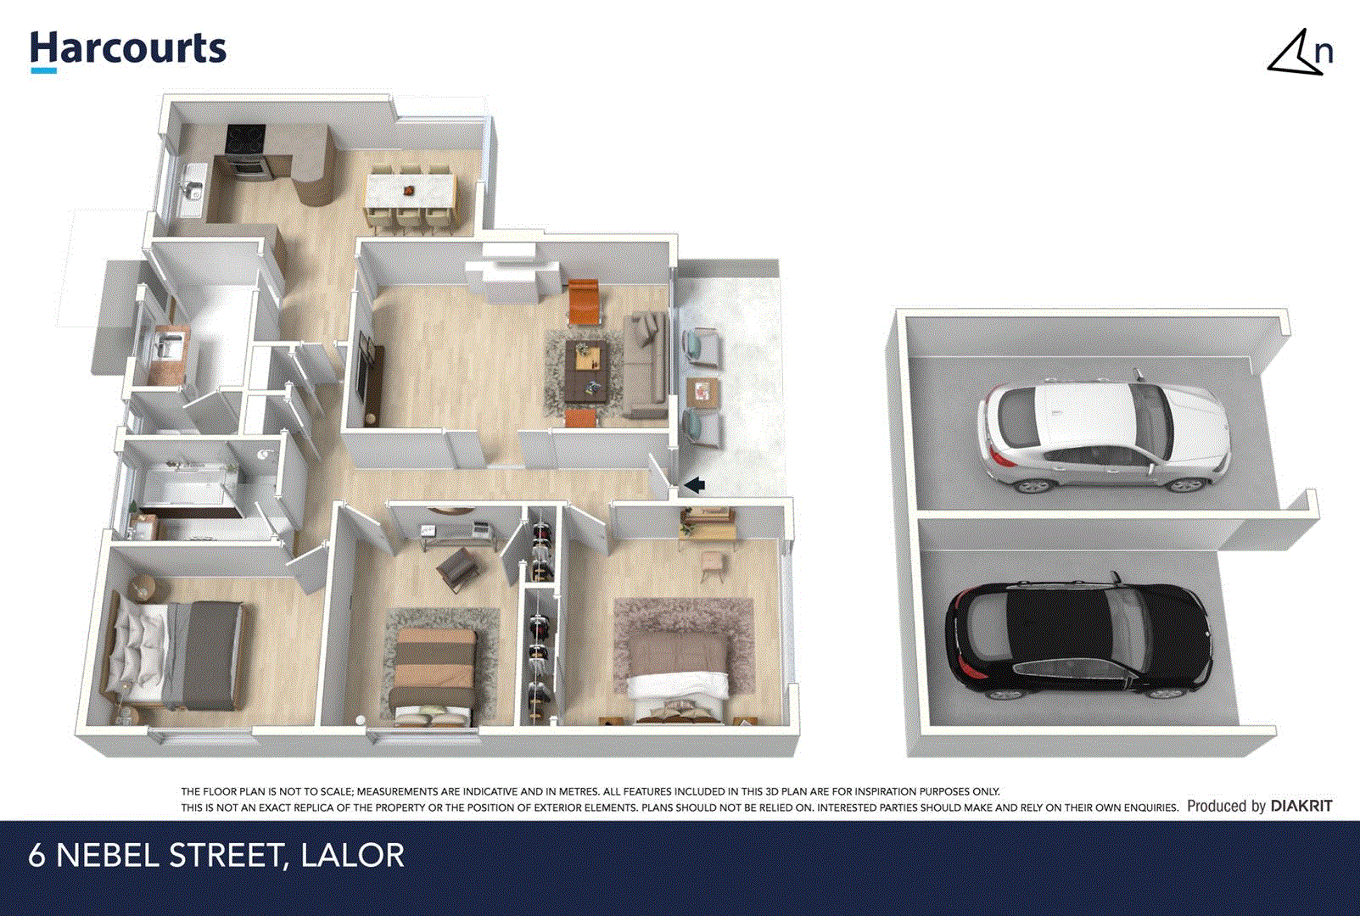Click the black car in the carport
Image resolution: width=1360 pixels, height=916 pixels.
click(1077, 640)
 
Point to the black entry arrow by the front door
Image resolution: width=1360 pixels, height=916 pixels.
click(694, 485)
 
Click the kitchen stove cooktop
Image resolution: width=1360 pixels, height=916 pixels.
click(245, 137)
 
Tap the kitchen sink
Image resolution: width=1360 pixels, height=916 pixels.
click(192, 189)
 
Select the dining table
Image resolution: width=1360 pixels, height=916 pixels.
click(410, 189)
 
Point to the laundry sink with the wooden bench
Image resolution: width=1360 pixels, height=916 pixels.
click(166, 350)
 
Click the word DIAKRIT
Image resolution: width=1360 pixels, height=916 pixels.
click(1301, 806)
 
